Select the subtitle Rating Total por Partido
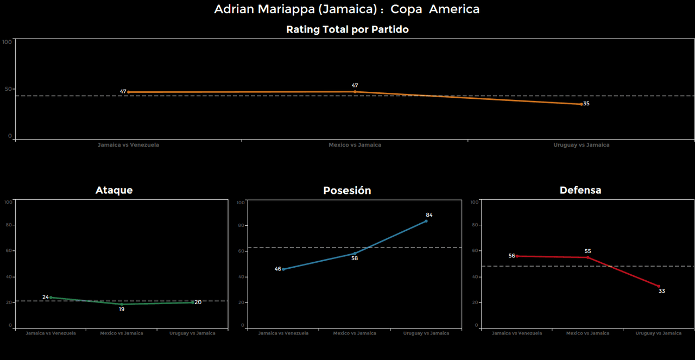coord(347,30)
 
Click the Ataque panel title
coord(114,190)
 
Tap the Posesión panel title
coord(347,191)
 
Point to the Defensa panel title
coord(580,190)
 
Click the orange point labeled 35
coord(582,104)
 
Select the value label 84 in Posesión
coord(429,215)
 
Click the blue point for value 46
coord(283,269)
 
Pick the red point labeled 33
coord(659,286)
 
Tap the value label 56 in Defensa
coord(511,256)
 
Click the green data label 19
coord(122,309)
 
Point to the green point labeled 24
coord(50,297)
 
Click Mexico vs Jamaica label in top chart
coord(355,145)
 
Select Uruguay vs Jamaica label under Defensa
coord(658,333)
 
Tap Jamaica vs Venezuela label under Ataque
coord(50,333)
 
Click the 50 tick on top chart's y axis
coord(8,89)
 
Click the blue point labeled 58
coord(355,253)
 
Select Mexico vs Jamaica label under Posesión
coord(355,333)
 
